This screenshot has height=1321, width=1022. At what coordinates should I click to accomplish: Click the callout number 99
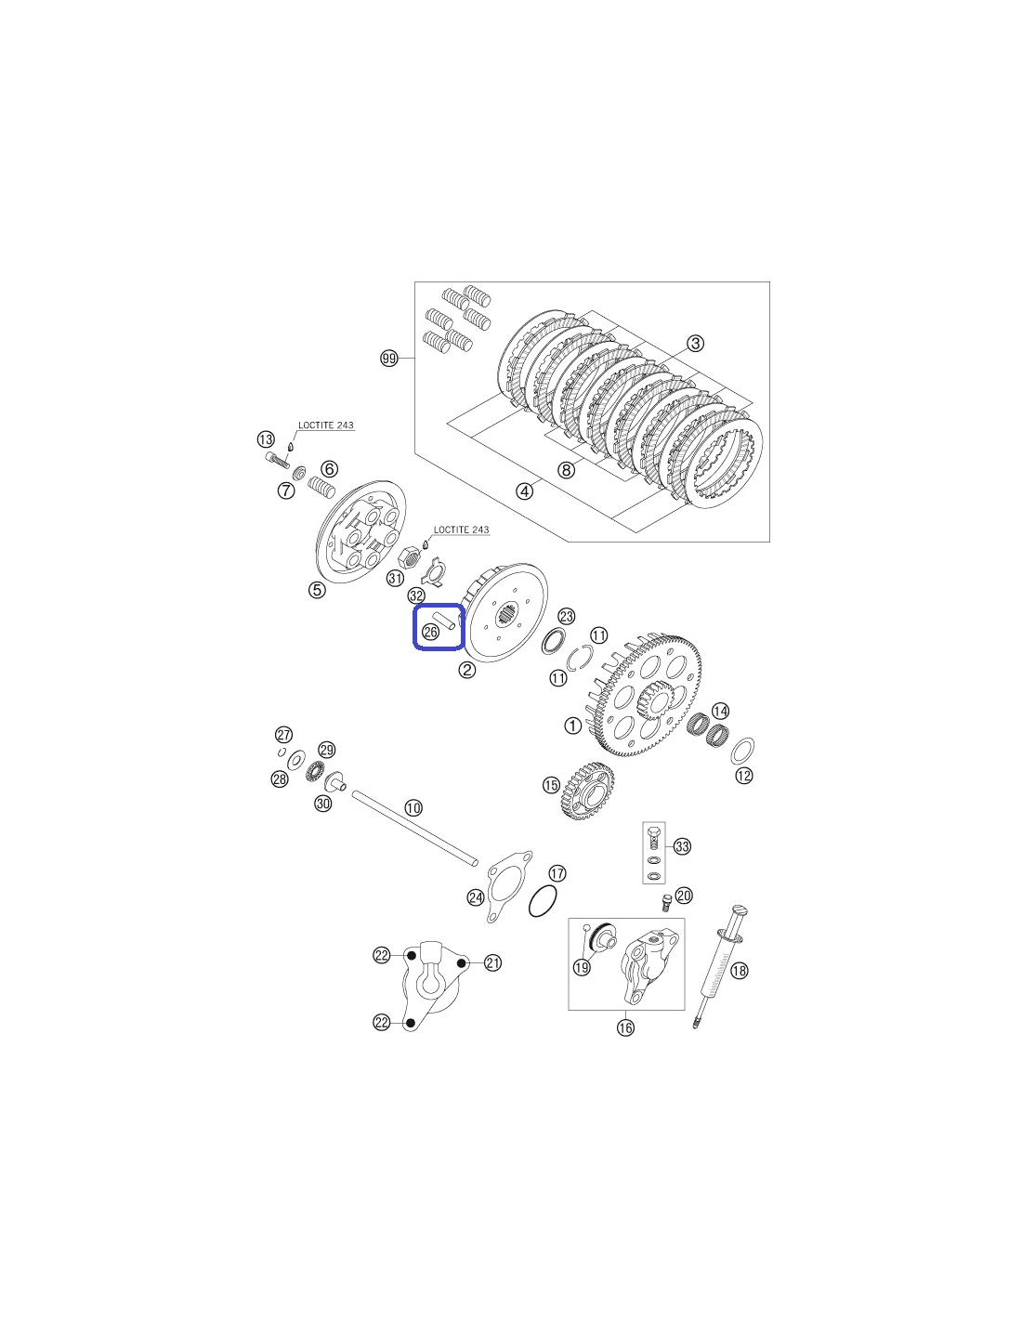[388, 358]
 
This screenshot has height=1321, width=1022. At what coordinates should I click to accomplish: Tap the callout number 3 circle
[696, 343]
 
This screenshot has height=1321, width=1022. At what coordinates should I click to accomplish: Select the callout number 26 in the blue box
[430, 633]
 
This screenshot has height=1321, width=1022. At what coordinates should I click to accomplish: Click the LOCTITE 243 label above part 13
[326, 425]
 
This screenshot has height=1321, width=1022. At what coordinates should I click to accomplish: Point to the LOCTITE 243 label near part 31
[462, 530]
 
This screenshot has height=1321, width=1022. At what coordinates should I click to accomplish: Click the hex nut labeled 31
[412, 555]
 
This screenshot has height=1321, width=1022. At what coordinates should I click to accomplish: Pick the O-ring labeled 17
[543, 901]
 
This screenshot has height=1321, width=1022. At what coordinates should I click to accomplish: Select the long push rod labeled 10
[414, 826]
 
